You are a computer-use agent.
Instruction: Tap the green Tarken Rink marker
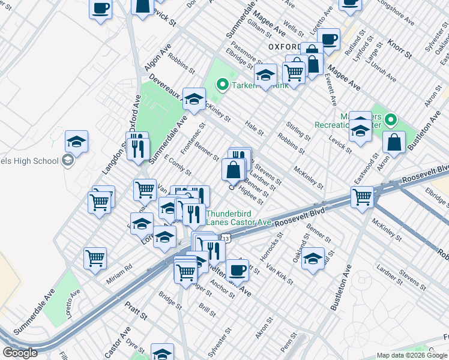[222, 85]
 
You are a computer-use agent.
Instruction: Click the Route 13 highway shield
[225, 239]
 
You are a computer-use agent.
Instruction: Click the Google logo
[20, 353]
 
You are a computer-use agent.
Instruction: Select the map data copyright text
[412, 355]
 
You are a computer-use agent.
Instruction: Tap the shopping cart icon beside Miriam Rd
[95, 259]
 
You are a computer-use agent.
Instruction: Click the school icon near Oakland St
[313, 259]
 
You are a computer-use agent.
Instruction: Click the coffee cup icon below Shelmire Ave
[237, 269]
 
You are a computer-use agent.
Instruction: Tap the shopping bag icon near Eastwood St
[396, 142]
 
